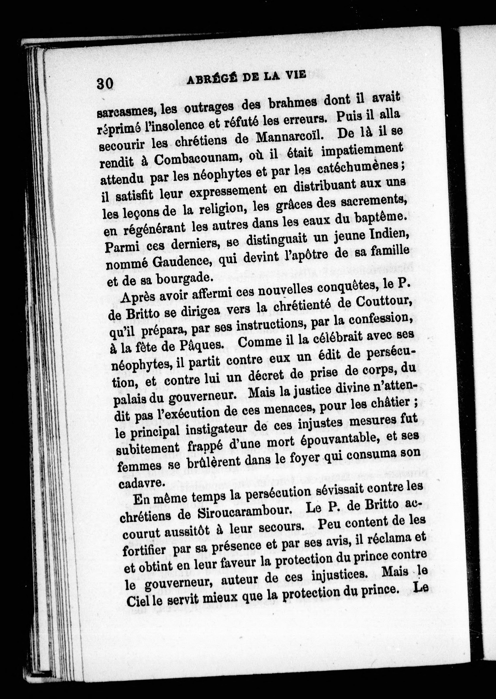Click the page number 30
click(105, 83)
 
